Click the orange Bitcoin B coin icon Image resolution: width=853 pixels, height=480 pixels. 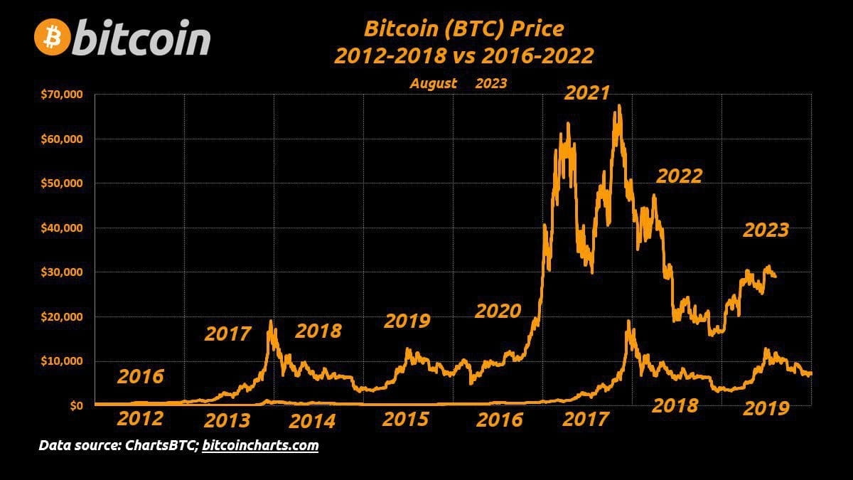pyautogui.click(x=52, y=38)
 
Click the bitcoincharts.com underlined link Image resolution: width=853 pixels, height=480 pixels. pyautogui.click(x=260, y=446)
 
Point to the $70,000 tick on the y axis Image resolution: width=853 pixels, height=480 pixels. pyautogui.click(x=63, y=94)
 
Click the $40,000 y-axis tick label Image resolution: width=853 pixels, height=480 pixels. pyautogui.click(x=63, y=228)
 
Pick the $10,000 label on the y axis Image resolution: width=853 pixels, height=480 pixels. pyautogui.click(x=63, y=361)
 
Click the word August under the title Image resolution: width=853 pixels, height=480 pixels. pyautogui.click(x=433, y=83)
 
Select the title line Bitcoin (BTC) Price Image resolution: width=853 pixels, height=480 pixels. pyautogui.click(x=463, y=29)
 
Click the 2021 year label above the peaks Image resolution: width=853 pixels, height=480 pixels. pyautogui.click(x=587, y=93)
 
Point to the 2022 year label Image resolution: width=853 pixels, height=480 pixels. pyautogui.click(x=679, y=176)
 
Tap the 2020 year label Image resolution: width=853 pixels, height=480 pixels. pyautogui.click(x=498, y=311)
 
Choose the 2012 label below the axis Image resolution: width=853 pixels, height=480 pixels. pyautogui.click(x=140, y=419)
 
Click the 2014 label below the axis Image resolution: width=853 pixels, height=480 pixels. pyautogui.click(x=312, y=421)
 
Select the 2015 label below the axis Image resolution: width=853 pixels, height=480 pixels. pyautogui.click(x=405, y=419)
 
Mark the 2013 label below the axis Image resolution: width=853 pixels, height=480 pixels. pyautogui.click(x=227, y=421)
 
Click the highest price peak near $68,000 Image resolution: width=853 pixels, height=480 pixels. pyautogui.click(x=619, y=106)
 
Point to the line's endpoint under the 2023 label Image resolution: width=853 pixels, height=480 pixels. pyautogui.click(x=774, y=277)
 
